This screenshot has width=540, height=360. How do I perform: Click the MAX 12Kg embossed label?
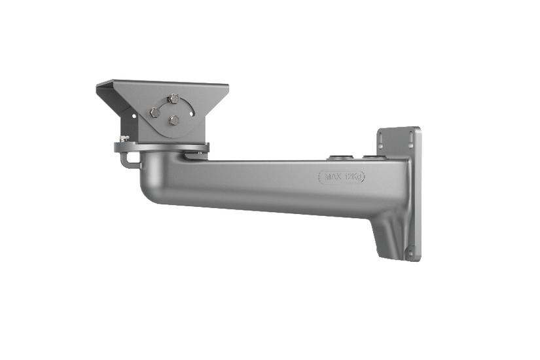click(x=341, y=177)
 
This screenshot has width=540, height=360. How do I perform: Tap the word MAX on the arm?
click(x=331, y=177)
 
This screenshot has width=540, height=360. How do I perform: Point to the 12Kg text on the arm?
click(x=352, y=177)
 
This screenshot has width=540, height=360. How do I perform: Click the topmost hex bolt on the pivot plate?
click(x=173, y=99)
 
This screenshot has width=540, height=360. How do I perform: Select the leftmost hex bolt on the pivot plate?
click(x=154, y=113)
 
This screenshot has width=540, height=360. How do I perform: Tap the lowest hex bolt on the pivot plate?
click(x=174, y=120)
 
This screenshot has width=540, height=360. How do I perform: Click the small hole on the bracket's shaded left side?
click(x=134, y=116)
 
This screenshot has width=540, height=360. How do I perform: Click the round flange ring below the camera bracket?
click(x=164, y=145)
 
